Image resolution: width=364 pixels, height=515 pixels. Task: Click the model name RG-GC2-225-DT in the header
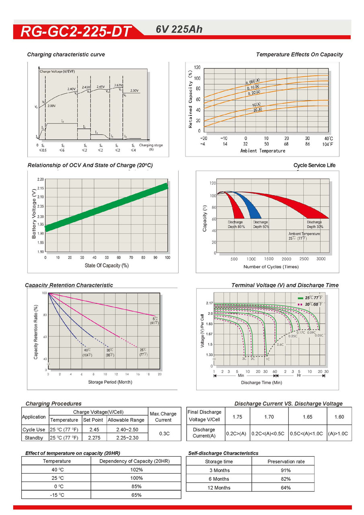pyautogui.click(x=76, y=31)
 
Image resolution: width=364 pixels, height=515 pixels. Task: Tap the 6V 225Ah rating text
pyautogui.click(x=179, y=29)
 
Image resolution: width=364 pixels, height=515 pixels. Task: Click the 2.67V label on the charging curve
pyautogui.click(x=118, y=85)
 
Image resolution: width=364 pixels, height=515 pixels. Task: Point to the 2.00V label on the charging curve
pyautogui.click(x=51, y=106)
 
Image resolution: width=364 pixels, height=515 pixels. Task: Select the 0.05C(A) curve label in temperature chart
pyautogui.click(x=253, y=82)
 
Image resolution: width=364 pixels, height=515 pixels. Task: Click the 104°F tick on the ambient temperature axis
pyautogui.click(x=329, y=144)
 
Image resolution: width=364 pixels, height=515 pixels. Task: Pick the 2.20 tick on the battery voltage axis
pyautogui.click(x=41, y=179)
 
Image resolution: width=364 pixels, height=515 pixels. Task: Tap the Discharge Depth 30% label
pyautogui.click(x=314, y=225)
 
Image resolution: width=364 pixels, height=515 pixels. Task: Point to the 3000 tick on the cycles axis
pyautogui.click(x=321, y=259)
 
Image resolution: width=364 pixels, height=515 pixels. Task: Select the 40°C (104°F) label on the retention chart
pyautogui.click(x=87, y=352)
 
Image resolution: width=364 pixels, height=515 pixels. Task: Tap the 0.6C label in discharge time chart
pyautogui.click(x=280, y=345)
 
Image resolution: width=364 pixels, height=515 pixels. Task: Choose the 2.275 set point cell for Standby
pyautogui.click(x=93, y=438)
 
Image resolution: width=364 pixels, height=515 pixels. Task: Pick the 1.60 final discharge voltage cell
pyautogui.click(x=339, y=417)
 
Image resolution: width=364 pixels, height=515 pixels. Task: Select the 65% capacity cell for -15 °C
pyautogui.click(x=136, y=495)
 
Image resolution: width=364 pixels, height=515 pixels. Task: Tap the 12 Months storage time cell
pyautogui.click(x=219, y=488)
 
